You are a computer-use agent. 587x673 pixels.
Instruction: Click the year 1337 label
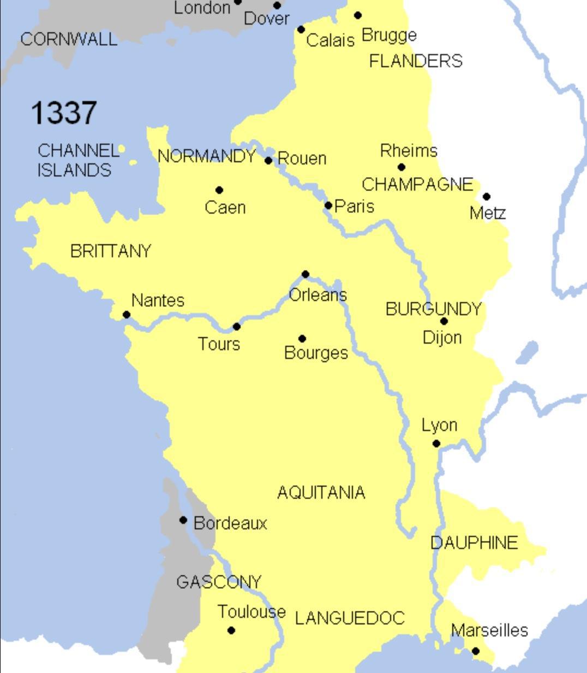coord(64,113)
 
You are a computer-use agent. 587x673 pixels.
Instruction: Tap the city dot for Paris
coord(328,205)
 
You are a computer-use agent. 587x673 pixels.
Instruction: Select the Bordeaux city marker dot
coord(183,520)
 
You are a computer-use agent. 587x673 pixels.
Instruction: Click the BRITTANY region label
coord(111,251)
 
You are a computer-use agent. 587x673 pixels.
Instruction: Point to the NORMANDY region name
coord(207,157)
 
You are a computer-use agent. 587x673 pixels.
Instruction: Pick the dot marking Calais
coord(301,29)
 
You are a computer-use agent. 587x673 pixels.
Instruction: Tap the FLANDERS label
coord(416,61)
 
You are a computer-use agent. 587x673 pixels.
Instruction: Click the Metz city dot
coord(486,196)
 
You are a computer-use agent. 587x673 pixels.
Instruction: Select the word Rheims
coord(409,150)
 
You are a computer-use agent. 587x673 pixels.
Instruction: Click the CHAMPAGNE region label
coord(417,185)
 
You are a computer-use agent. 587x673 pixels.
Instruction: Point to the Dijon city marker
coord(444,321)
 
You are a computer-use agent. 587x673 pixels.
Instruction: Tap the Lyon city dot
coord(436,444)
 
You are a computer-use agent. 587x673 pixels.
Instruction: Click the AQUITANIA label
coord(321,493)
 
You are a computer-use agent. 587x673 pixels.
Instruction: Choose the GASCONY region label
coord(219,582)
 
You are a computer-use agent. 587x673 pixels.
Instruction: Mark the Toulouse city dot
coord(231,630)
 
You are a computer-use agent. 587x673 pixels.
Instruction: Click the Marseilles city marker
coord(475,651)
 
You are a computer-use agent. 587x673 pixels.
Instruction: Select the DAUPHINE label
coord(474,543)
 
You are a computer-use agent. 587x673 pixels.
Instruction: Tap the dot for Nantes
coord(127,314)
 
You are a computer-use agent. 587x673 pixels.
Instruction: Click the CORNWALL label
coord(69,39)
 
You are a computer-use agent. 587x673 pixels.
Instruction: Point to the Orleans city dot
coord(306,274)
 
